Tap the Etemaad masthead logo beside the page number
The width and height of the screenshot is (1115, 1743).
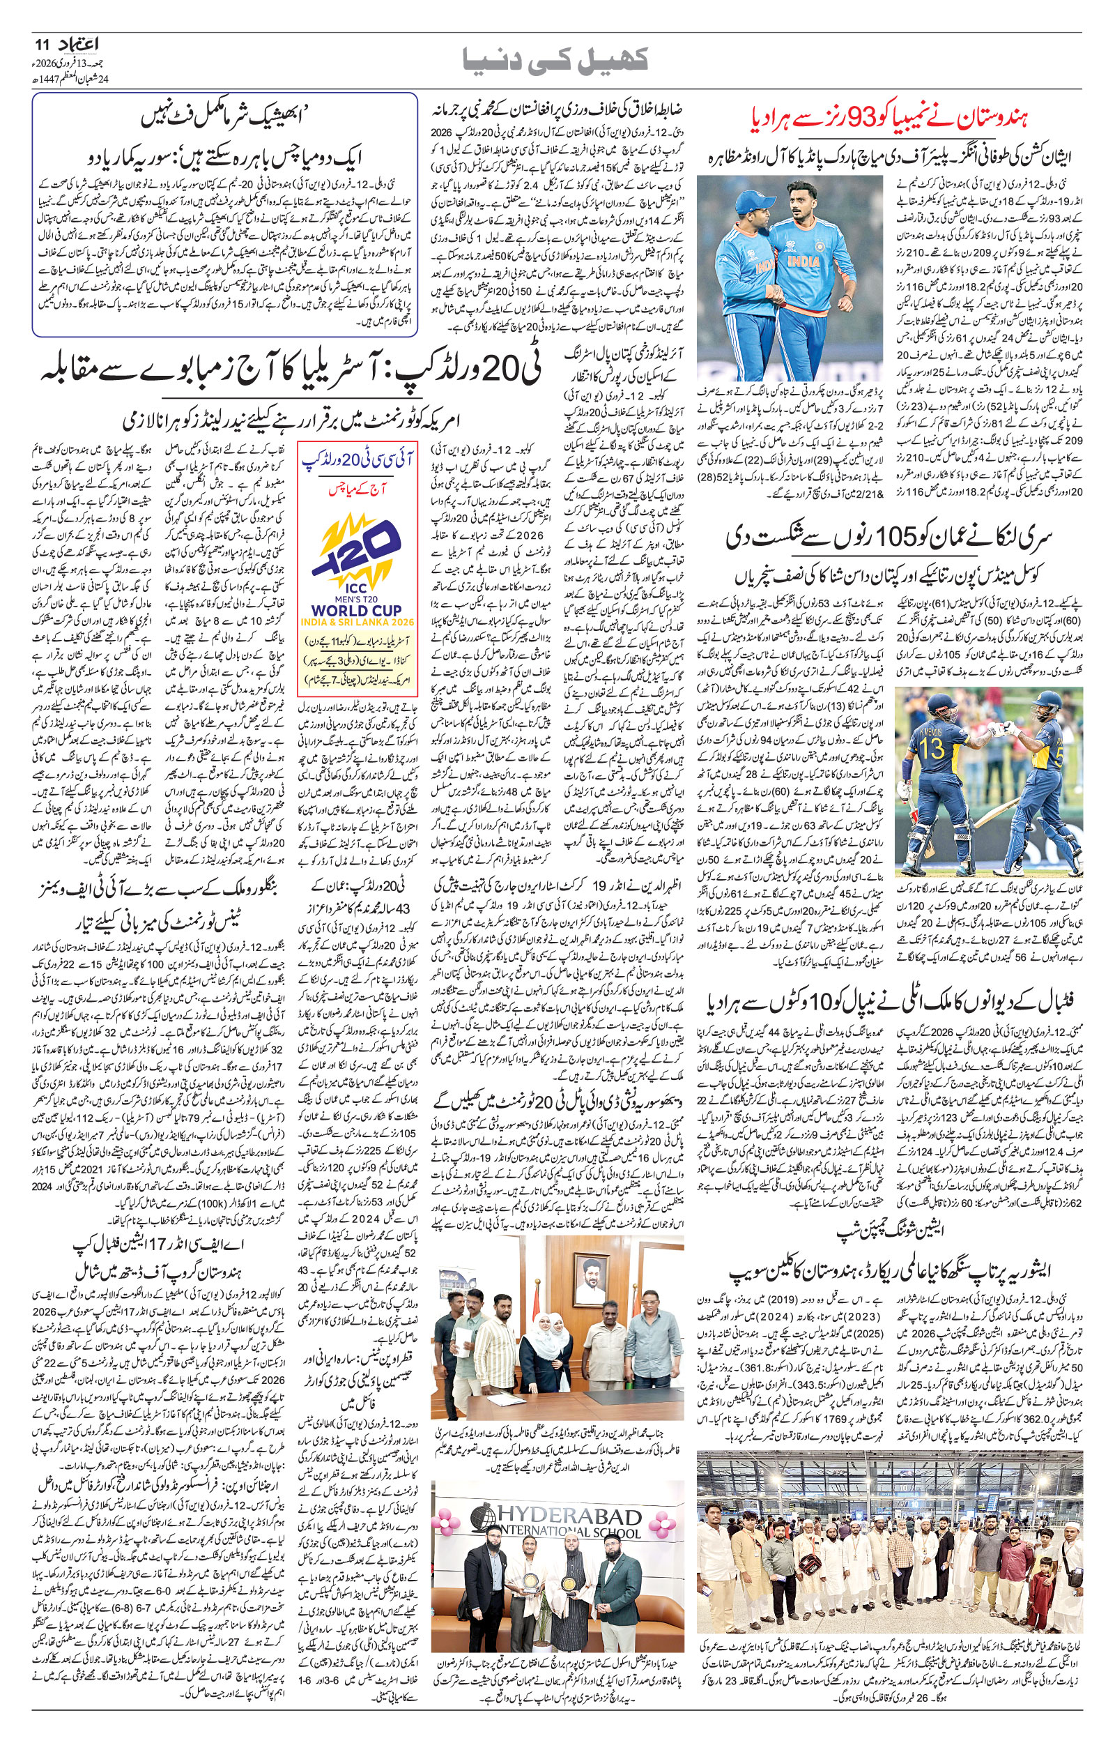[82, 45]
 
